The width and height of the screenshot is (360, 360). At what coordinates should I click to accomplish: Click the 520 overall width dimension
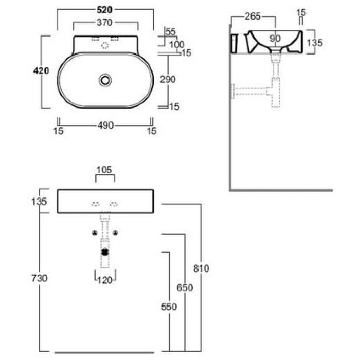point(105,10)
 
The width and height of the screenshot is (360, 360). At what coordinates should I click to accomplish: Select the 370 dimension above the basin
point(104,23)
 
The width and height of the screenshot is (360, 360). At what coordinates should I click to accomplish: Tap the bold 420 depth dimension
point(41,71)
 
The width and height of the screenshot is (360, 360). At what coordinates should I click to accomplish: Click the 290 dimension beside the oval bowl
point(168,79)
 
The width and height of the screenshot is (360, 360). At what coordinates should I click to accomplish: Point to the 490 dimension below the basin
point(105,125)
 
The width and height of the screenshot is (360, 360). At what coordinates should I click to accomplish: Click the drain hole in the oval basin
point(105,80)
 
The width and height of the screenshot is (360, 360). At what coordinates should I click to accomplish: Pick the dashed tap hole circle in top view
point(105,46)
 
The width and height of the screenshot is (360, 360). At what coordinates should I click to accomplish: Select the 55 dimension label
point(170,32)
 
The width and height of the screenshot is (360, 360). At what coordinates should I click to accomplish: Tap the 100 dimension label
point(177,45)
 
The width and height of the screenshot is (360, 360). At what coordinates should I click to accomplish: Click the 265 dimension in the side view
point(253,16)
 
